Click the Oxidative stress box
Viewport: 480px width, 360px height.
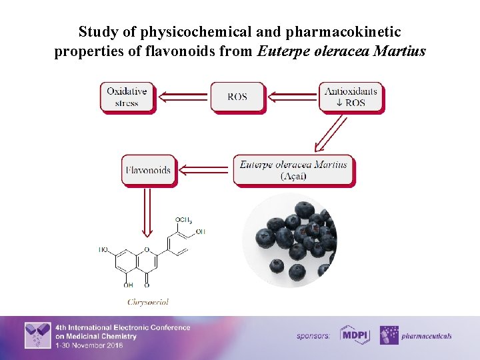(x=127, y=97)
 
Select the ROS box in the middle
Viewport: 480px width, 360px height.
(x=237, y=97)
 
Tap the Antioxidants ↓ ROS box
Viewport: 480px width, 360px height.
(x=351, y=97)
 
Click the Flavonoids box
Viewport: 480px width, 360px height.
(x=148, y=170)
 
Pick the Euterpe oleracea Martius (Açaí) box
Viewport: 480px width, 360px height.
(x=293, y=170)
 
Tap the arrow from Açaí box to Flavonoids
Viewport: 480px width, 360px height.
(x=204, y=170)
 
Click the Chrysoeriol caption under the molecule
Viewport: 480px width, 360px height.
(x=148, y=302)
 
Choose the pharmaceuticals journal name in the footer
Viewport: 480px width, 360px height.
(x=427, y=336)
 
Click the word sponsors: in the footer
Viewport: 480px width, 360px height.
(x=313, y=336)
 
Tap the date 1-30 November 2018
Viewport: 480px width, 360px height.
(x=89, y=345)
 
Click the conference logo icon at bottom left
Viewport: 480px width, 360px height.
(x=37, y=335)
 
